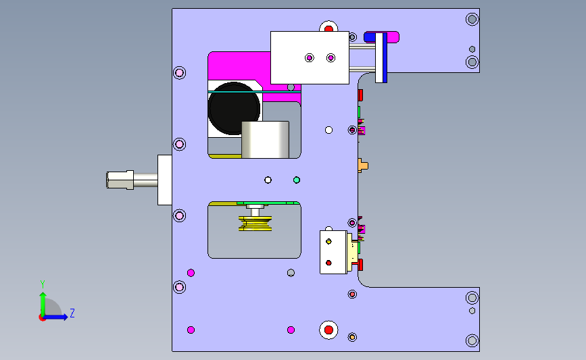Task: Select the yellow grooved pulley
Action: tap(255, 224)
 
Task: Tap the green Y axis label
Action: tap(43, 284)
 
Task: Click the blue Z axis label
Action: tap(72, 313)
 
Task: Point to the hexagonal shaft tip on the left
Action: tap(120, 180)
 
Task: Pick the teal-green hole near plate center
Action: tap(297, 180)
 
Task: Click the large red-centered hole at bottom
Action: tap(328, 330)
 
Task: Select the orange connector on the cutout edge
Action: tap(362, 165)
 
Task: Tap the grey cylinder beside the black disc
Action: tap(266, 139)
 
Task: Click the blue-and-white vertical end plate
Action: tap(381, 58)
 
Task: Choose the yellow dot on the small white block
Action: tap(328, 241)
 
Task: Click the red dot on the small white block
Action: tap(328, 263)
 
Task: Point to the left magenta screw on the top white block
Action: tap(310, 58)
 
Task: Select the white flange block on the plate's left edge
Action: tap(164, 180)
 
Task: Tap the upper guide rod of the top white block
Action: tap(362, 47)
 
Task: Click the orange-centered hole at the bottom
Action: tap(352, 337)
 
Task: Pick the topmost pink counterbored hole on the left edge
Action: tap(179, 72)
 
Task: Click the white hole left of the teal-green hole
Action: tap(268, 180)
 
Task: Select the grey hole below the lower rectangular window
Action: tap(291, 273)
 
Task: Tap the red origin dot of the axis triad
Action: tap(42, 318)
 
